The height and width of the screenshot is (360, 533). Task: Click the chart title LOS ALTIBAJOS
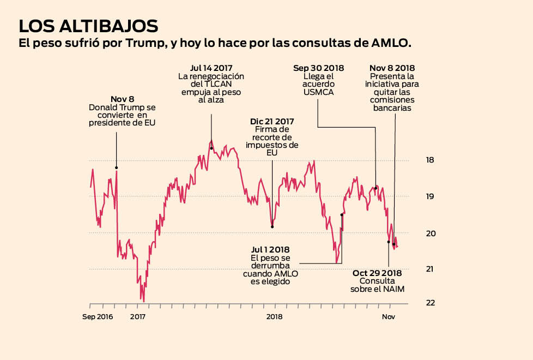(x=88, y=26)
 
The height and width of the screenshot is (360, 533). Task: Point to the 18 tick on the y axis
(x=431, y=160)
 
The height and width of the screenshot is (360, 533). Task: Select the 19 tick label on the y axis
(x=431, y=196)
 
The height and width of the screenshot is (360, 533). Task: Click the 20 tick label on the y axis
(x=431, y=233)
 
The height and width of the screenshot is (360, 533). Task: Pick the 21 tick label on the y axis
(x=431, y=269)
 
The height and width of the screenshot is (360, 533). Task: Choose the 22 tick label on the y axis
(x=431, y=303)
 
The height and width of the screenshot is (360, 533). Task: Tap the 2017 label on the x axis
(x=138, y=317)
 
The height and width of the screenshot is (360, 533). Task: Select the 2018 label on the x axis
(x=274, y=317)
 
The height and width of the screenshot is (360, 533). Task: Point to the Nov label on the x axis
(x=388, y=317)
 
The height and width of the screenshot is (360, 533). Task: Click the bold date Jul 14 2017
(x=211, y=68)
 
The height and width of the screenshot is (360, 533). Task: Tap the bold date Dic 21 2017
(x=272, y=121)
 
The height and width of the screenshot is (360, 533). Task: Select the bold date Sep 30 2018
(x=319, y=68)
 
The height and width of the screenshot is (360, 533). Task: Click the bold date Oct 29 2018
(x=377, y=273)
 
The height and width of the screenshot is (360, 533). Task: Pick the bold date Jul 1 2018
(x=271, y=249)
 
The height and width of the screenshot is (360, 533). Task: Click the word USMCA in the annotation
(x=319, y=93)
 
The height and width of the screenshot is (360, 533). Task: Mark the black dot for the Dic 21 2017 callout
(x=272, y=226)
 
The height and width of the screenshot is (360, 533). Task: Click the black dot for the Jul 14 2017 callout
(x=211, y=148)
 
